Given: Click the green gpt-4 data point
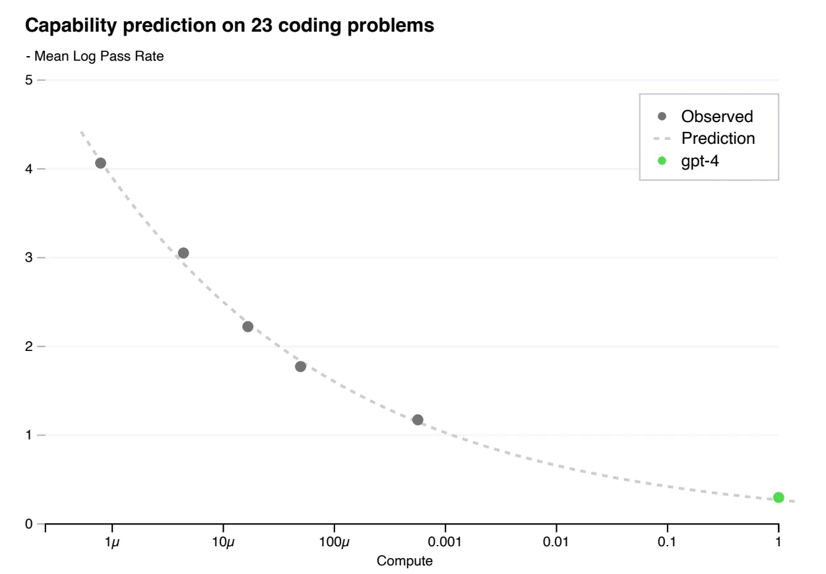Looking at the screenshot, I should [x=778, y=497].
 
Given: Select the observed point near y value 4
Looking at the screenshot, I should [x=100, y=163].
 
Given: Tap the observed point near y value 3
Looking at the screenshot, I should [x=183, y=253].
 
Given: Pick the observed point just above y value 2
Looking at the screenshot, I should [x=248, y=327].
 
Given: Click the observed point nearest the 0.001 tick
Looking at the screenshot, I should [x=418, y=420].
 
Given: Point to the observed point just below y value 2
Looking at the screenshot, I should [x=300, y=366].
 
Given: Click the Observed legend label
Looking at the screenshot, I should [x=716, y=117].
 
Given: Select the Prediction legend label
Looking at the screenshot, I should [x=718, y=139].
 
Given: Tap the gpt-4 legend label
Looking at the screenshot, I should [x=699, y=161].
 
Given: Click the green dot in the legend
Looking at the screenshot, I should [x=662, y=161].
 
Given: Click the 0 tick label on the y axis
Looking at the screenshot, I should [x=29, y=525].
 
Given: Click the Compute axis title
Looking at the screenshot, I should [x=404, y=561].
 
